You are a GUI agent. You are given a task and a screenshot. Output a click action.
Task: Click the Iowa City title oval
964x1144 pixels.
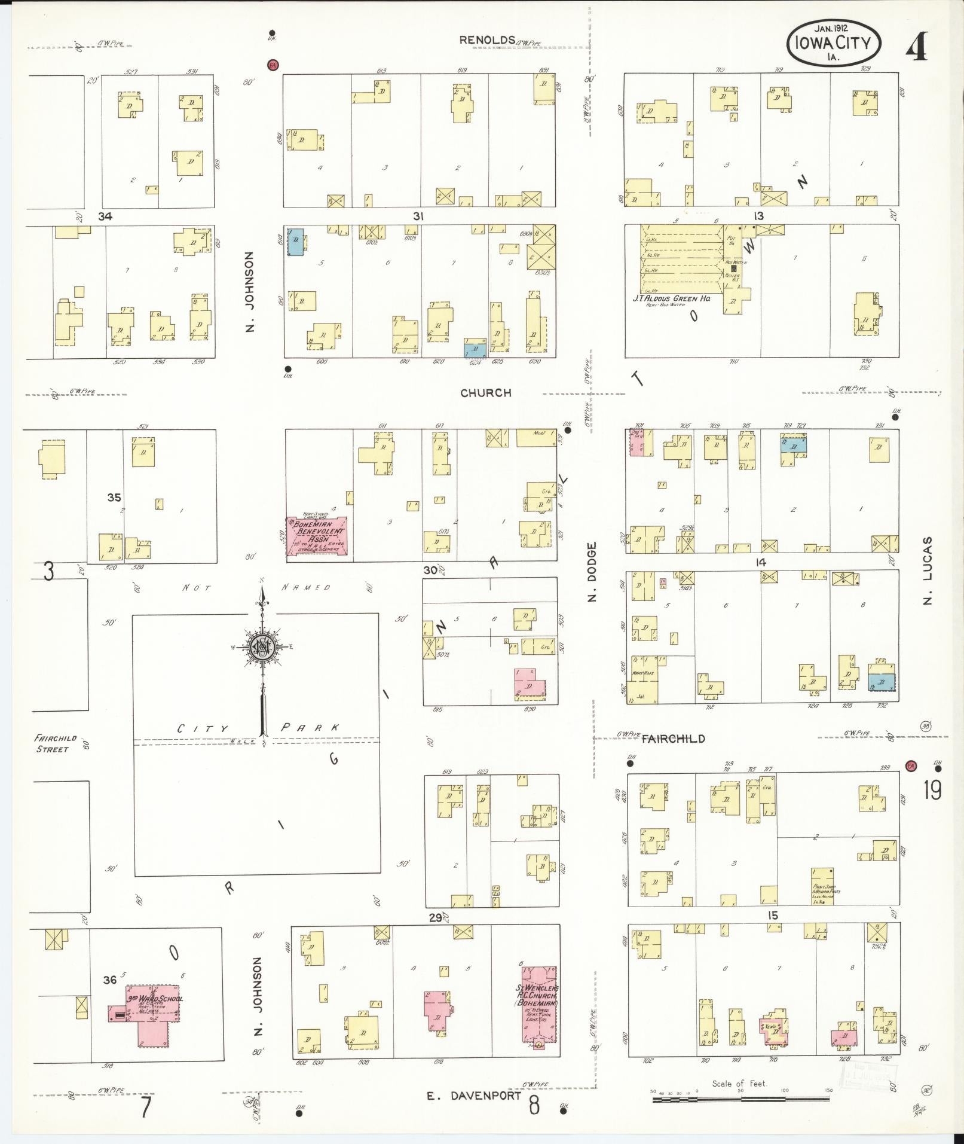pyautogui.click(x=833, y=43)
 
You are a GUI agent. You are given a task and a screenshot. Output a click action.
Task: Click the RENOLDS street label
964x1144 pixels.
pyautogui.click(x=487, y=40)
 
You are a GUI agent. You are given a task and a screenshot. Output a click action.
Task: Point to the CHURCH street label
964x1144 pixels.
pyautogui.click(x=486, y=393)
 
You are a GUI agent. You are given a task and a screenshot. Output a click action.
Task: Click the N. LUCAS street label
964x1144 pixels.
pyautogui.click(x=927, y=571)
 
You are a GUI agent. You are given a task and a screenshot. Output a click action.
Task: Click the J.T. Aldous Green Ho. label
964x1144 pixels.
pyautogui.click(x=672, y=298)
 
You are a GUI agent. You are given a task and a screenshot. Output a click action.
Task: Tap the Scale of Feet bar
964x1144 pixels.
pyautogui.click(x=741, y=1099)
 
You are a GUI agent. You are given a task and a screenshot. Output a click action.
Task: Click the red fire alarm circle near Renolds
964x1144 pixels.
pyautogui.click(x=273, y=64)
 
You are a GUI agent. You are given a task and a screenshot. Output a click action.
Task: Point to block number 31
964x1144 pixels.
pyautogui.click(x=418, y=216)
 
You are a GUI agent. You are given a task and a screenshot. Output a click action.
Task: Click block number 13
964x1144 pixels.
pyautogui.click(x=758, y=216)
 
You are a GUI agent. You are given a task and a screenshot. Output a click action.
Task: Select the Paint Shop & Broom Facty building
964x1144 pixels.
pyautogui.click(x=822, y=886)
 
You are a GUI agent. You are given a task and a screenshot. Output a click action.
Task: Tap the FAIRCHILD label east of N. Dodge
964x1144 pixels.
pyautogui.click(x=673, y=739)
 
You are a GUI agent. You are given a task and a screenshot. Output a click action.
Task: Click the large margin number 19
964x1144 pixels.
pyautogui.click(x=932, y=790)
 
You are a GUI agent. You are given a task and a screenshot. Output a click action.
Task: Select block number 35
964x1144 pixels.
pyautogui.click(x=114, y=497)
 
